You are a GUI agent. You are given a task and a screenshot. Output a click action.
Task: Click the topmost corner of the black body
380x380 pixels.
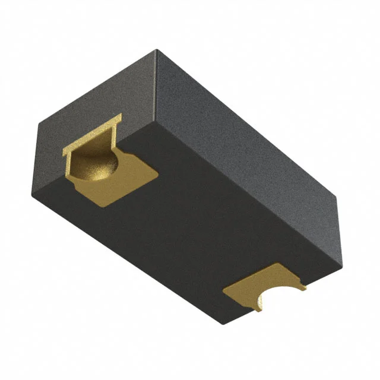156,50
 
